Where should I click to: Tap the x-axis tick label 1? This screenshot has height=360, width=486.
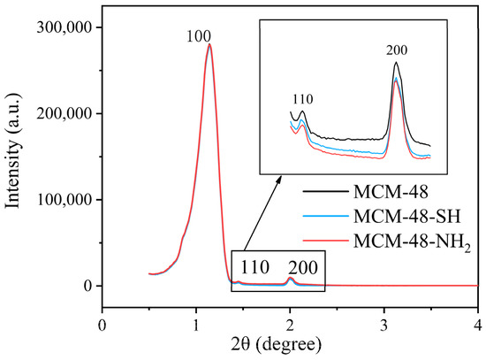point(196,323)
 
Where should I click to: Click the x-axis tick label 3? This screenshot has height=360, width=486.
point(384,323)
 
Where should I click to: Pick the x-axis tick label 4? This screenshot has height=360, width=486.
point(478,323)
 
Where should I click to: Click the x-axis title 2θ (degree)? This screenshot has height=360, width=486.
point(290,345)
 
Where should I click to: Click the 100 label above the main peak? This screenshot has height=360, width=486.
point(198,38)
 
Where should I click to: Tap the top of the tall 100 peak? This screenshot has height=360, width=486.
point(209,45)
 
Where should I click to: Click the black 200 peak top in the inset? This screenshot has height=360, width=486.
point(396,63)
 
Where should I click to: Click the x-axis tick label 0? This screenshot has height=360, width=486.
point(103,323)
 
